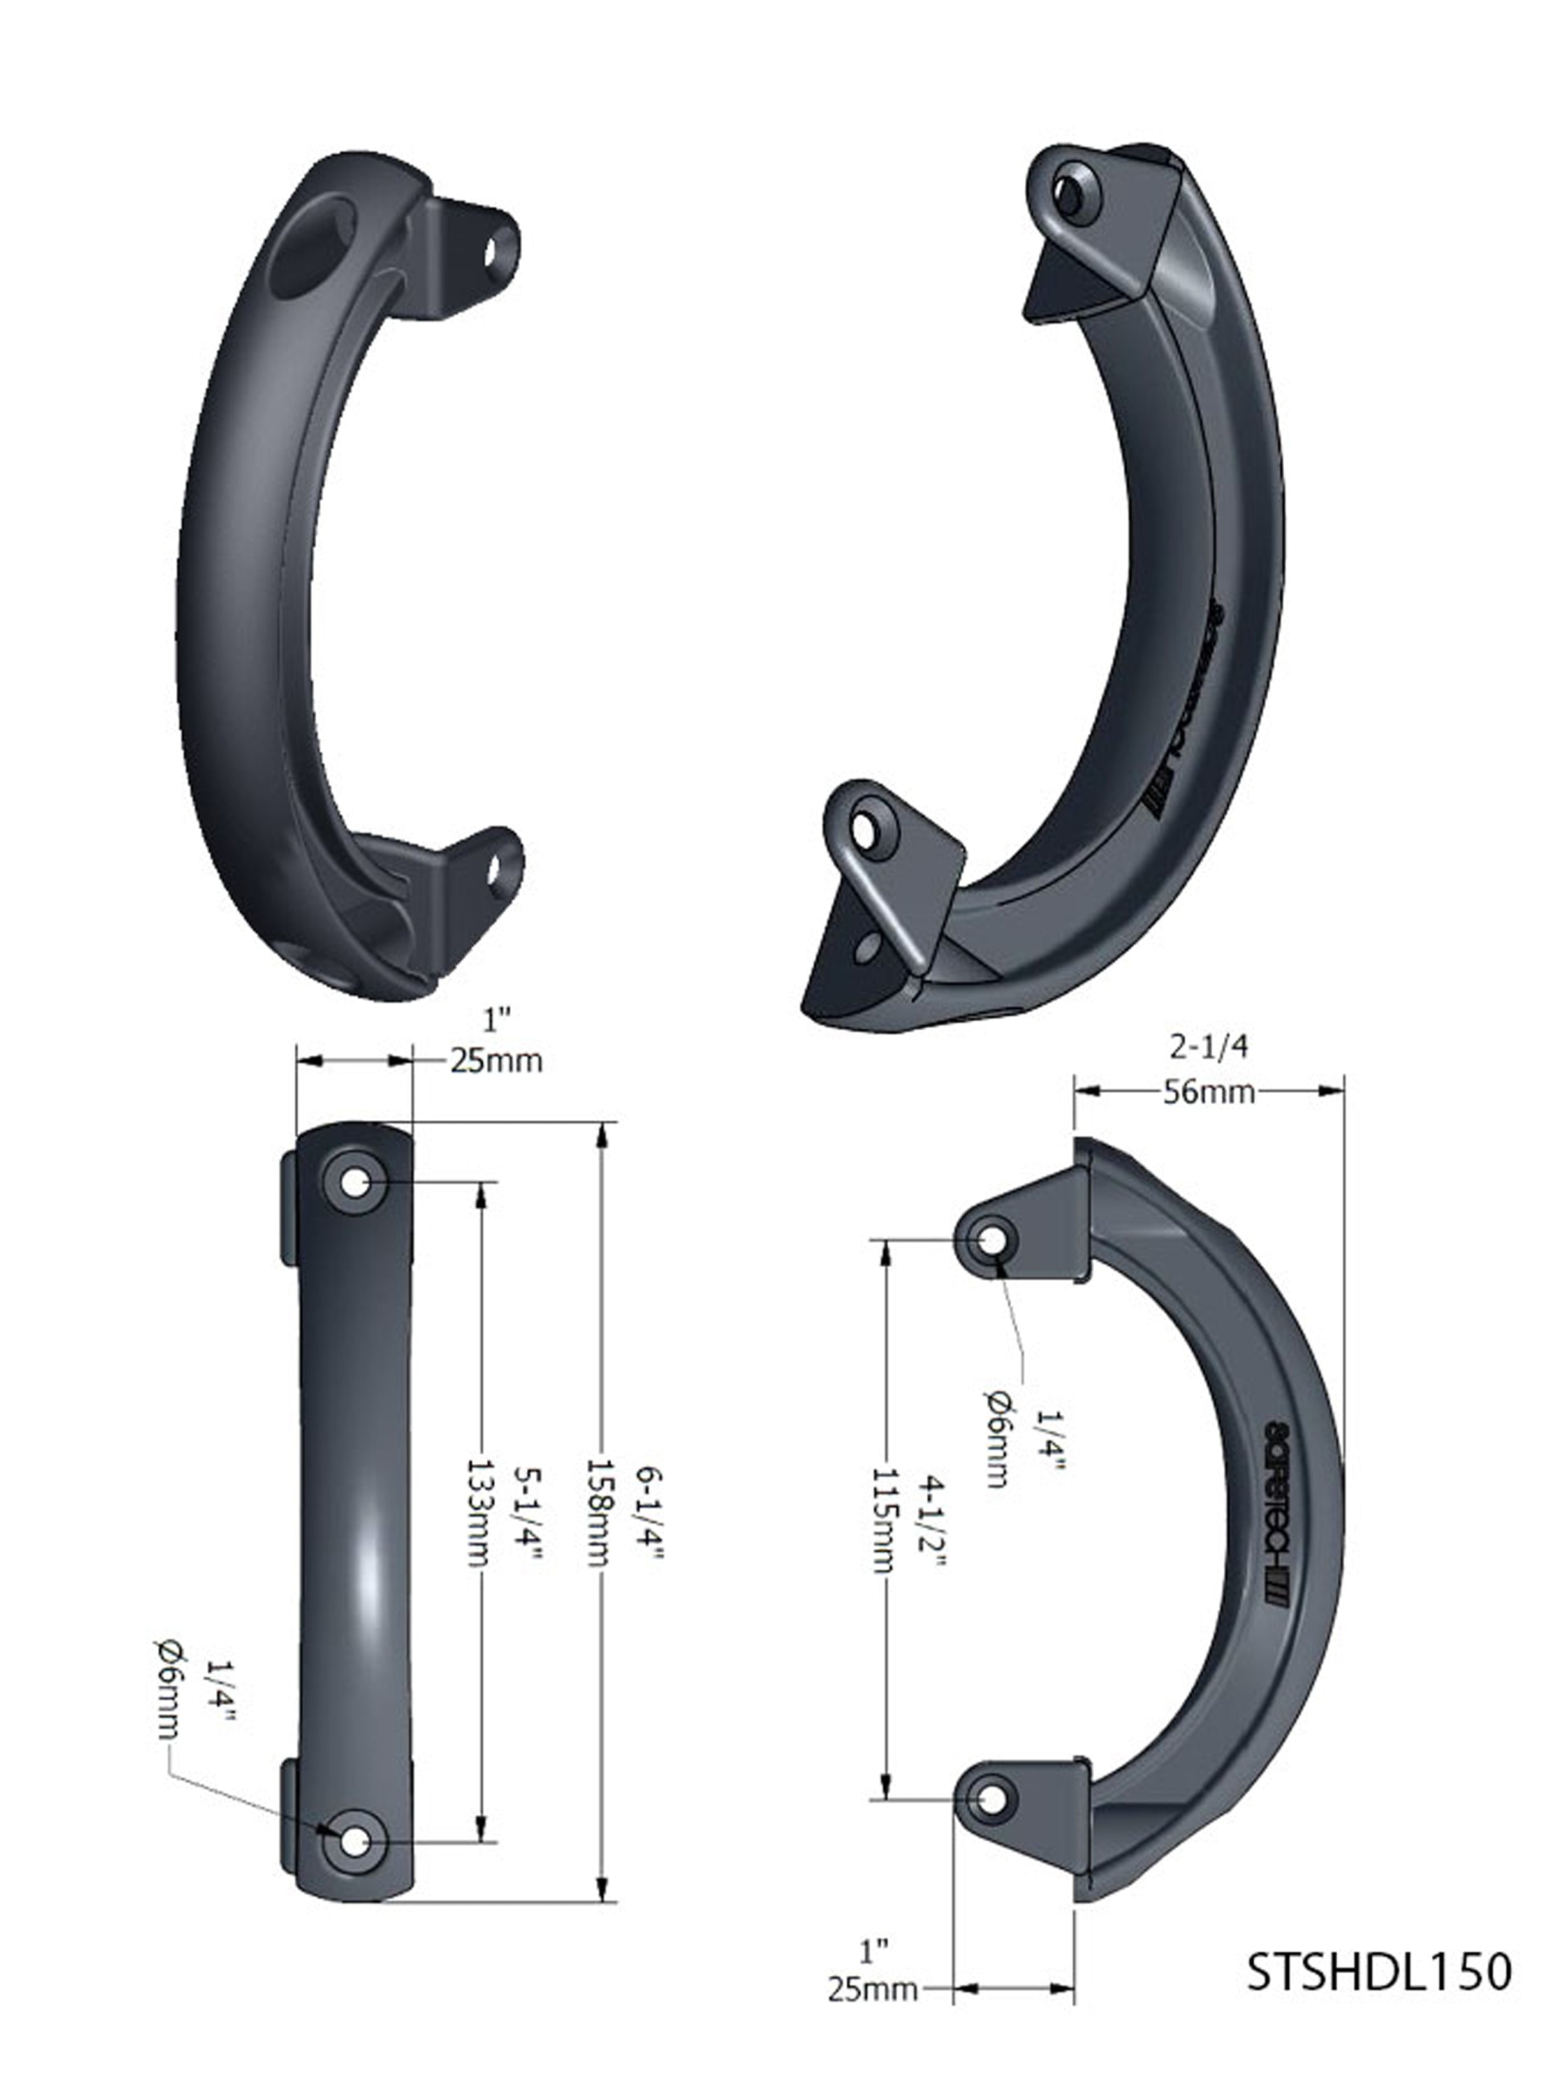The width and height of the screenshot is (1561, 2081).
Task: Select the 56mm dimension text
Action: pos(1208,1092)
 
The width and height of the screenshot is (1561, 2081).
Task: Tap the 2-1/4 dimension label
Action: pos(1208,1046)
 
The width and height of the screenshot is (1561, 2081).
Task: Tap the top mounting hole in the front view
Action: pos(354,1183)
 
